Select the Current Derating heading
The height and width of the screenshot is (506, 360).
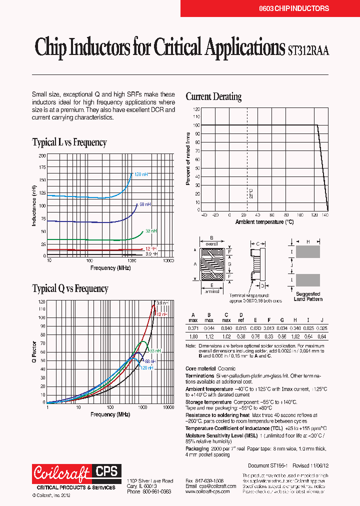213,96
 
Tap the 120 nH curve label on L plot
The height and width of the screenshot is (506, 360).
141,174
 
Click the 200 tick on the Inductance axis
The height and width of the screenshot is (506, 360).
41,155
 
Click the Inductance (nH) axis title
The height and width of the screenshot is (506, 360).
34,205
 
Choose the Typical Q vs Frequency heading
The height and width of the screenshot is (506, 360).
70,288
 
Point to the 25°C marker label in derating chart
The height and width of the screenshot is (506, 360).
251,193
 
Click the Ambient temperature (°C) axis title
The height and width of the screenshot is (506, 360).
264,221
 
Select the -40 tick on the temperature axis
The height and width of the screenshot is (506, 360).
203,215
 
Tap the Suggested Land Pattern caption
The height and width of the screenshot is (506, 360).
308,296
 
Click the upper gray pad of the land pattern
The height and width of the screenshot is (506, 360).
308,251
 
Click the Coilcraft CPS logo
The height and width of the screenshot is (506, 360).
75,472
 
